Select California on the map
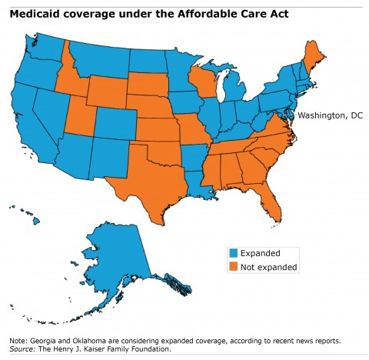click(x=31, y=115)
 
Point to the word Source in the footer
click(x=22, y=348)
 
